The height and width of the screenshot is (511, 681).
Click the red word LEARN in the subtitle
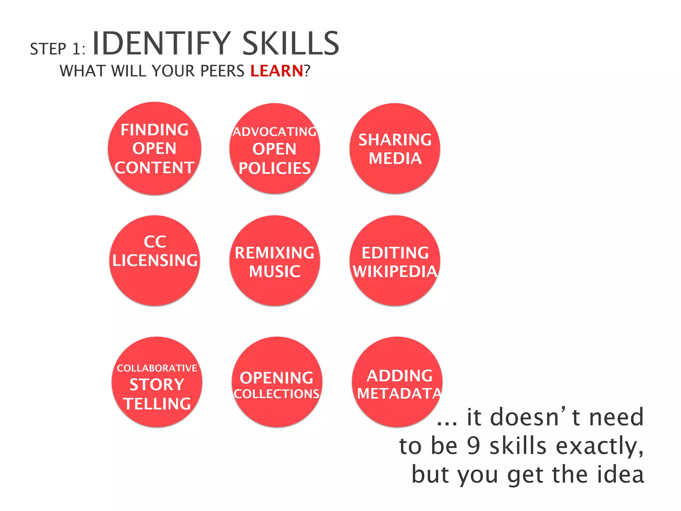pyautogui.click(x=277, y=71)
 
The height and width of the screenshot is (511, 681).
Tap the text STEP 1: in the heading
pyautogui.click(x=58, y=49)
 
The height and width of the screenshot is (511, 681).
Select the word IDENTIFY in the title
pyautogui.click(x=161, y=44)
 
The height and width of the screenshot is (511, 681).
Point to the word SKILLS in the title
pyautogui.click(x=291, y=44)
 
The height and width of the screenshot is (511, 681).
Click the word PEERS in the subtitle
pyautogui.click(x=222, y=71)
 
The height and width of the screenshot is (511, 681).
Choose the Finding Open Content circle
pyautogui.click(x=155, y=148)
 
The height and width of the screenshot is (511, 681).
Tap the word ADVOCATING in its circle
pyautogui.click(x=275, y=132)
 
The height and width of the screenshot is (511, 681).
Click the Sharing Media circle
pyautogui.click(x=395, y=148)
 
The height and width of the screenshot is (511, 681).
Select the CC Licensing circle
pyautogui.click(x=155, y=260)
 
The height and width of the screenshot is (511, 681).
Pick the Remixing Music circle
pyautogui.click(x=275, y=260)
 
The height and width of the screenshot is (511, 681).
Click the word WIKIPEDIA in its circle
pyautogui.click(x=395, y=271)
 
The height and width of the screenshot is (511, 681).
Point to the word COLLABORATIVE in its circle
pyautogui.click(x=157, y=368)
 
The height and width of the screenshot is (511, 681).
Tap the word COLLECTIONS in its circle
pyautogui.click(x=277, y=394)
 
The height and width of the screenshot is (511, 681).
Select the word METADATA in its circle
pyautogui.click(x=399, y=394)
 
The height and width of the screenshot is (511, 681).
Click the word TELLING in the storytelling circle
pyautogui.click(x=157, y=404)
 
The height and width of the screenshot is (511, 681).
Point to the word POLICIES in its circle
pyautogui.click(x=275, y=168)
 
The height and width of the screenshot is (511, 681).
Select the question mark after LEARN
pyautogui.click(x=307, y=71)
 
